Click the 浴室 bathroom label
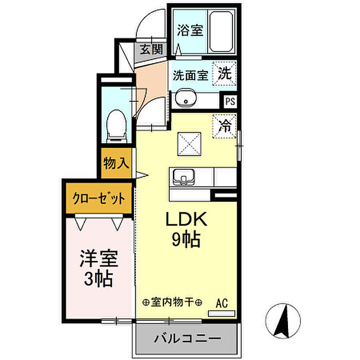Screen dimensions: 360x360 [190, 30]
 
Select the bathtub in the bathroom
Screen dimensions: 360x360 [221, 31]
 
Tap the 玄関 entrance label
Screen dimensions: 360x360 [151, 49]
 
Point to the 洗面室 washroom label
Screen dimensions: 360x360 [190, 75]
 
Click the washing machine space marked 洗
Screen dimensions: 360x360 [224, 74]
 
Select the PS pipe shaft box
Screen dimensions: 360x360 [230, 101]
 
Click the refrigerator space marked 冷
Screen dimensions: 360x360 [224, 127]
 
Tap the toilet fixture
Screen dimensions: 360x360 [117, 127]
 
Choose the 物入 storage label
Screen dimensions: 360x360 [116, 163]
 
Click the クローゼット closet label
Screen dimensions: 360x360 [99, 198]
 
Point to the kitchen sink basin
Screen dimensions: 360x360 [184, 177]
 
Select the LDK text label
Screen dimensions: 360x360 [186, 219]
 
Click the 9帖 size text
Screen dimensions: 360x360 [186, 240]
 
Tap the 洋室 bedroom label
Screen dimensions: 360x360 [99, 259]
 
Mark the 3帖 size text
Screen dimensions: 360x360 [98, 279]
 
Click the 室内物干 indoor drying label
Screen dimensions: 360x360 [172, 302]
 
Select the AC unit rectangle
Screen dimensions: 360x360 [222, 313]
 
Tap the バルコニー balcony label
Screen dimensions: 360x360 [188, 338]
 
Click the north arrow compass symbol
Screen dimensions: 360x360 [283, 321]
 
